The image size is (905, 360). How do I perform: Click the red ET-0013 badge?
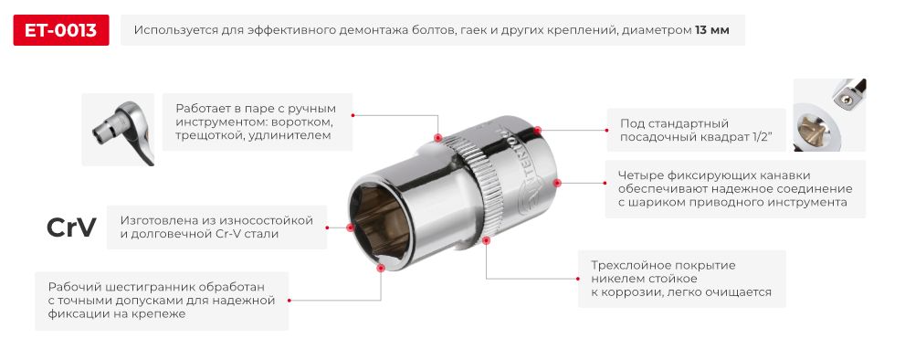click(x=61, y=30)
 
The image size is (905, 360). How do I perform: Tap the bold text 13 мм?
click(x=711, y=31)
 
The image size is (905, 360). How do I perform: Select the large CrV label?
click(x=71, y=228)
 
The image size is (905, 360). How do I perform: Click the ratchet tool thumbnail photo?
click(x=117, y=130)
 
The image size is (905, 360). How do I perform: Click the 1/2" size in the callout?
click(x=758, y=136)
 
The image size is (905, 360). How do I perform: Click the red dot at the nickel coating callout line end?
click(x=487, y=242)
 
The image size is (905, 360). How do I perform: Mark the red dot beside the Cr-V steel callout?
click(x=350, y=228)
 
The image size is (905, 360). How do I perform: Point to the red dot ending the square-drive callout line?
click(x=538, y=130)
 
